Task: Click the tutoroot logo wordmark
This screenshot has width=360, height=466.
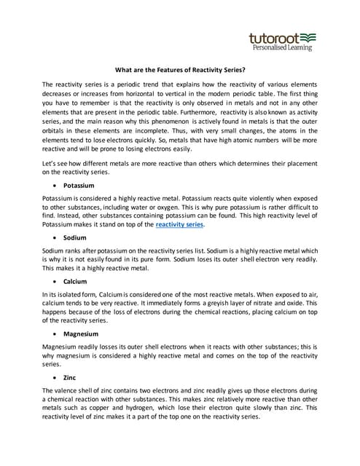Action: click(x=273, y=37)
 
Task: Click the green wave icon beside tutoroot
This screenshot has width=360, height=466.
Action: click(x=308, y=36)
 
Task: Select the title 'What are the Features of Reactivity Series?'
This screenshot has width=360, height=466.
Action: click(x=180, y=71)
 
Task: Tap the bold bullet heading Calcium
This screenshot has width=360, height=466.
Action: click(x=75, y=281)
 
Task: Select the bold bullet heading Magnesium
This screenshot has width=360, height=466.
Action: click(x=81, y=334)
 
